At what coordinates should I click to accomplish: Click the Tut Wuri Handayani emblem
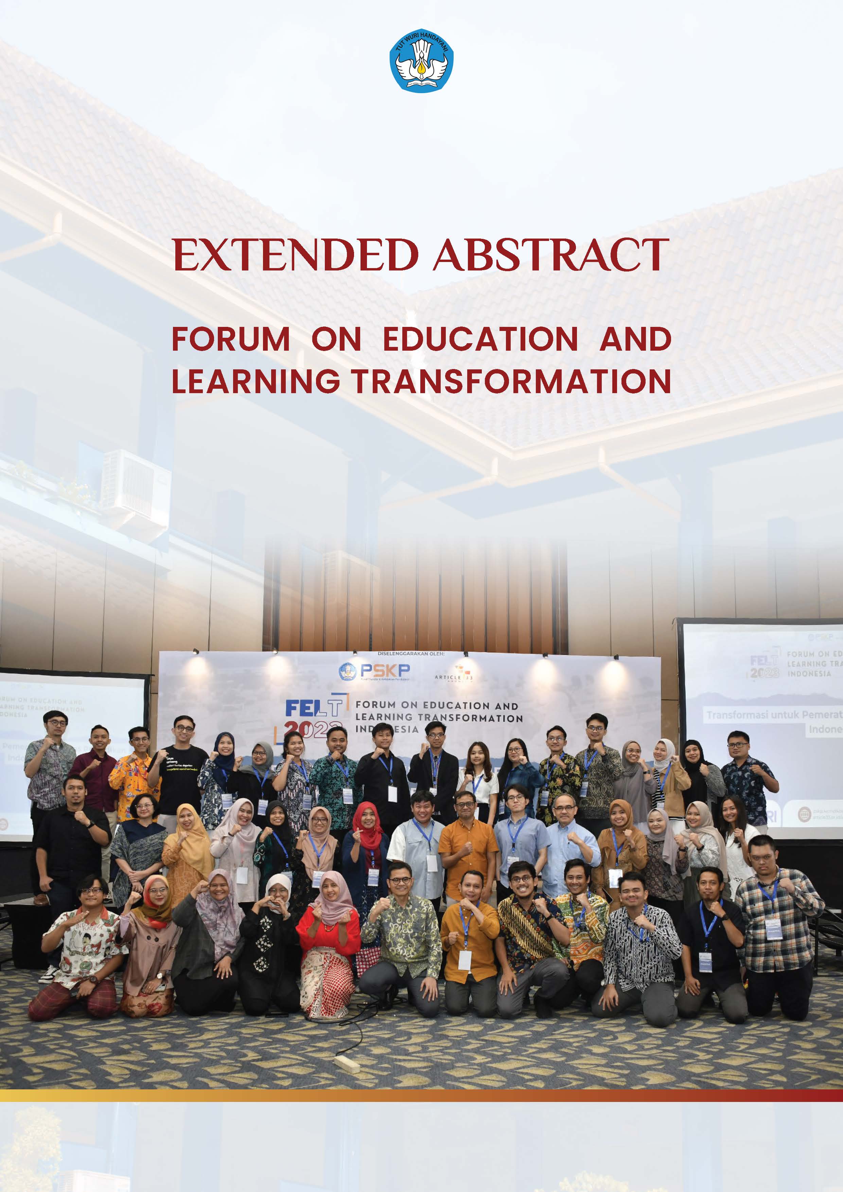coord(421,61)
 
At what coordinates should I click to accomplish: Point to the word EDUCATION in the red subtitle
coord(480,339)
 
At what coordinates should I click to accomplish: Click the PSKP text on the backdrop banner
coord(385,670)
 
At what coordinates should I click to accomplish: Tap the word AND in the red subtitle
coord(635,339)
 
